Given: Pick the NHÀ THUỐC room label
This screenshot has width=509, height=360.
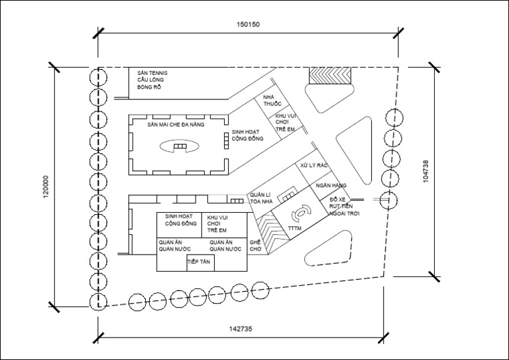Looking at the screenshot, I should pyautogui.click(x=272, y=101).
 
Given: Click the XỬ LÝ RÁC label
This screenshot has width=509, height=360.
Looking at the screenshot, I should pyautogui.click(x=314, y=165).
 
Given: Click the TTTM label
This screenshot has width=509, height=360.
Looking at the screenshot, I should pyautogui.click(x=296, y=229).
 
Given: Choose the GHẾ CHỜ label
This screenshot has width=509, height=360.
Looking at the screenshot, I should pyautogui.click(x=256, y=247).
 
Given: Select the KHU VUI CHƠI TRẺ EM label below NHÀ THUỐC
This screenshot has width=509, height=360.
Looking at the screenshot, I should pyautogui.click(x=286, y=123).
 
